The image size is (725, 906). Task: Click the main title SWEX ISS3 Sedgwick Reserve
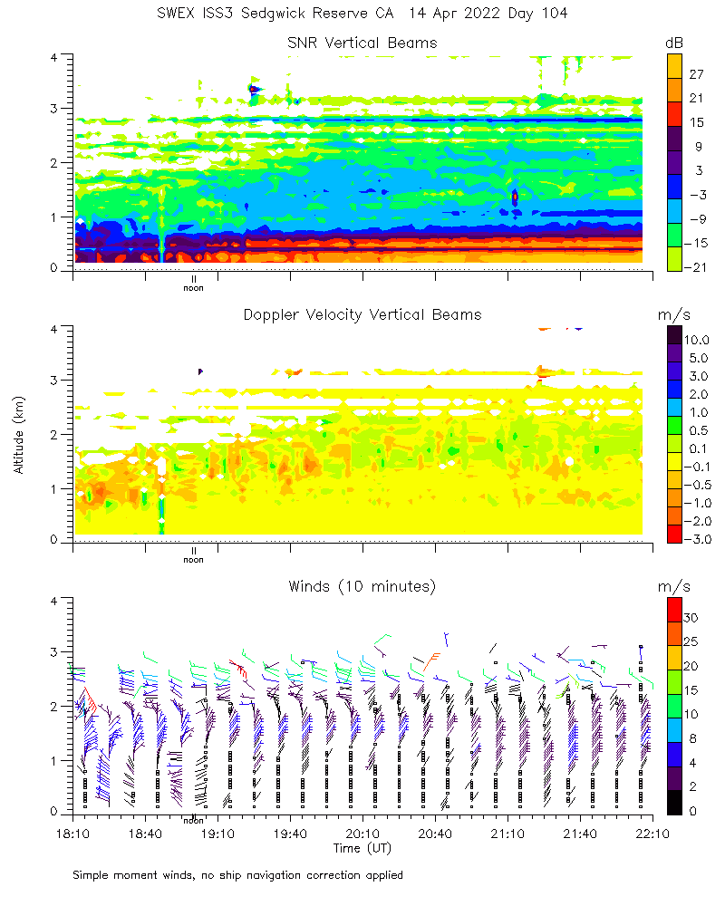[x=362, y=14]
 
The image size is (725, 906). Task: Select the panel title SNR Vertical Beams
[x=362, y=43]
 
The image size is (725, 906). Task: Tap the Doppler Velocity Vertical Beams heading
[x=362, y=314]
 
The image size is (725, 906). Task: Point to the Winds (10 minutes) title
[x=362, y=586]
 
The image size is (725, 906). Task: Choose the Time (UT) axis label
[x=362, y=848]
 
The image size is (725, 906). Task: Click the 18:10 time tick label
[x=72, y=833]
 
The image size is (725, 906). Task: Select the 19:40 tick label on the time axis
[x=290, y=833]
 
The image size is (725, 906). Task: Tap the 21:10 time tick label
[x=507, y=833]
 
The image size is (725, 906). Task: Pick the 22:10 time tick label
[x=652, y=833]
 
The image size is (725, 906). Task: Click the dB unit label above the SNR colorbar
[x=674, y=43]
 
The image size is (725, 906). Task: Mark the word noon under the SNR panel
[x=193, y=288]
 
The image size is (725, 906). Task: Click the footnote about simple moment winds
[x=237, y=875]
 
